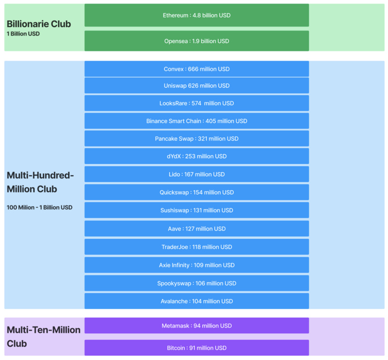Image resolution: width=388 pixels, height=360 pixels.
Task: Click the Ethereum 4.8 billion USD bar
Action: (197, 15)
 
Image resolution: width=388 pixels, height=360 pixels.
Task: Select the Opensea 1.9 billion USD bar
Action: (197, 41)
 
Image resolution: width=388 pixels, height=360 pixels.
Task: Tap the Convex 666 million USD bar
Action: (197, 69)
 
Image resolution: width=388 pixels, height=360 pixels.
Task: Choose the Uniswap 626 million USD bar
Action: (197, 86)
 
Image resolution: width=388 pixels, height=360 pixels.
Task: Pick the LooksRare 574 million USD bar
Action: (197, 103)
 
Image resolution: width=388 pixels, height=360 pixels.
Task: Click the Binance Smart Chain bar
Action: (197, 121)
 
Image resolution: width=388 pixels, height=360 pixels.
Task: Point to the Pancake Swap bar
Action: (197, 138)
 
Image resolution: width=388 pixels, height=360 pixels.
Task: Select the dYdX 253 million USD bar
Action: (197, 156)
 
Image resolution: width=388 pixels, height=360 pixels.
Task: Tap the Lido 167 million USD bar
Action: (197, 174)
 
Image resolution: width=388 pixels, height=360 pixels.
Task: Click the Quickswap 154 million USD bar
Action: (197, 192)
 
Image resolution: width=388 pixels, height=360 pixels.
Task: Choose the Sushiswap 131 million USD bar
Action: (197, 210)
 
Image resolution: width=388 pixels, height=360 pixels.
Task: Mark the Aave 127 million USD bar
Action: (197, 229)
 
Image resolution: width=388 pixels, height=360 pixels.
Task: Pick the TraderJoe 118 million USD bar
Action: (197, 247)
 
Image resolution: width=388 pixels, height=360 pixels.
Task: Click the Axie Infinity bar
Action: (197, 265)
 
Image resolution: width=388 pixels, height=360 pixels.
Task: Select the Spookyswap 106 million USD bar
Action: (197, 283)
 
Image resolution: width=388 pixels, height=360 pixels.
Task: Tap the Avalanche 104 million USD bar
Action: (197, 301)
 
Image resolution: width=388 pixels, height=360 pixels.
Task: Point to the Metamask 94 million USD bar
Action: (197, 326)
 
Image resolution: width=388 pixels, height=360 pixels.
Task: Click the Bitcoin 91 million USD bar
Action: (197, 347)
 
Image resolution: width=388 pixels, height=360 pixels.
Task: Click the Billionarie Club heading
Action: (39, 24)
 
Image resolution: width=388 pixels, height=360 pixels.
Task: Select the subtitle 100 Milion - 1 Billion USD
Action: (40, 208)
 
